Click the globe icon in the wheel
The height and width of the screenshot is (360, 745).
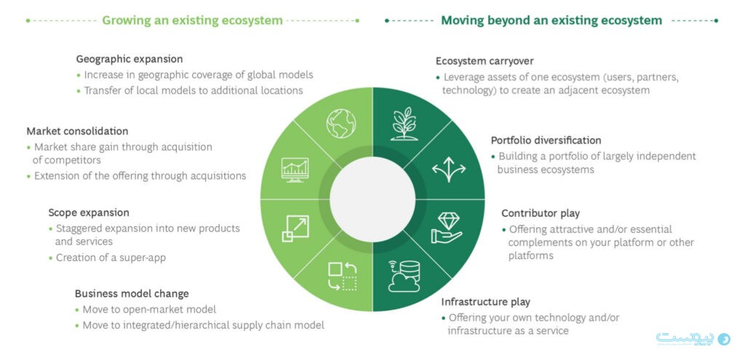coord(338,124)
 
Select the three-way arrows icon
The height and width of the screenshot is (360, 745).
coord(449,169)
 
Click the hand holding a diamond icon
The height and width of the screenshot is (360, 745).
coord(446,228)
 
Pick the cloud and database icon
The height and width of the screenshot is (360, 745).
coord(405,275)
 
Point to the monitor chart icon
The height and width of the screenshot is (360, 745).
coord(295,170)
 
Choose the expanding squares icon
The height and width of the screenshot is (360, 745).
coord(296,228)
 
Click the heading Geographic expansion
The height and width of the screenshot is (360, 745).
coord(129,59)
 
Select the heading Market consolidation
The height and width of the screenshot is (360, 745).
coord(77,132)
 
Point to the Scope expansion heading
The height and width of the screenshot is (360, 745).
coord(89,213)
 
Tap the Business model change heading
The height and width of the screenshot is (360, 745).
coord(132,294)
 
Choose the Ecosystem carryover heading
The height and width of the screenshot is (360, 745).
coord(485,61)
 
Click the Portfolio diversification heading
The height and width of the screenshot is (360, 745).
coord(546,140)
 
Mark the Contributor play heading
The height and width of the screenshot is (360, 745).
coord(541,214)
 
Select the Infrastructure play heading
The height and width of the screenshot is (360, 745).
coord(485,302)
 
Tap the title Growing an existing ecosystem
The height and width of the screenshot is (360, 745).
coord(192,20)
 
